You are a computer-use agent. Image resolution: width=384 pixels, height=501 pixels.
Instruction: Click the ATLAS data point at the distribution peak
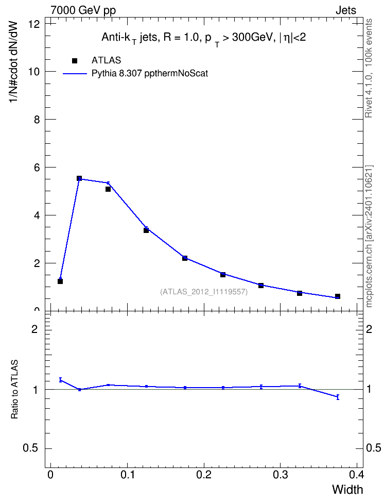(x=79, y=178)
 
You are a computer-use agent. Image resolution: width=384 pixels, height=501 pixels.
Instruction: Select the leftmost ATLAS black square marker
(x=60, y=281)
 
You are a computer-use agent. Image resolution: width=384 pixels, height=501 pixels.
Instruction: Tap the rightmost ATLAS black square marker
(x=337, y=296)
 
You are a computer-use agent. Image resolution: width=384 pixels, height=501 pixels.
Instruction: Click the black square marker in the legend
(x=74, y=61)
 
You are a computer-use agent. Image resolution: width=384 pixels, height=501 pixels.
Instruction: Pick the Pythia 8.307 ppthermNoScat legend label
(x=150, y=74)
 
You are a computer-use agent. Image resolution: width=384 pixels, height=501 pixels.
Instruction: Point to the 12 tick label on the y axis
(x=34, y=24)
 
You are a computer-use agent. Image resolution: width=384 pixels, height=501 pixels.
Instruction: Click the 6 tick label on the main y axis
(x=37, y=168)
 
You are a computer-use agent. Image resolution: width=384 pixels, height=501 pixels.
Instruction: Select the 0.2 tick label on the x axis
(x=204, y=475)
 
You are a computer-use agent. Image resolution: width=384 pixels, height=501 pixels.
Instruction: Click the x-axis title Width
(x=347, y=490)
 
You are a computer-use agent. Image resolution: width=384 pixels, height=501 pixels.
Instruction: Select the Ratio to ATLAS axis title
(x=14, y=389)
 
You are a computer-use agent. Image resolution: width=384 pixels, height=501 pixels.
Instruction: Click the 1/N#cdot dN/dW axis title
(x=14, y=62)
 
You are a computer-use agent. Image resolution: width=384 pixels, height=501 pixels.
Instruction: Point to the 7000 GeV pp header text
(x=83, y=10)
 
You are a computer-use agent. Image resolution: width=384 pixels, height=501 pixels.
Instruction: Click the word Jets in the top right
(x=346, y=10)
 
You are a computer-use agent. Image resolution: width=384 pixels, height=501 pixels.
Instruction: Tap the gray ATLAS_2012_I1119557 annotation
(x=204, y=292)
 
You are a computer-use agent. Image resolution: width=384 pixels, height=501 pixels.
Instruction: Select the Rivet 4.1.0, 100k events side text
(x=369, y=68)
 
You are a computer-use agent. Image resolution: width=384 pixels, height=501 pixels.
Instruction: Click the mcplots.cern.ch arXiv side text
(x=369, y=236)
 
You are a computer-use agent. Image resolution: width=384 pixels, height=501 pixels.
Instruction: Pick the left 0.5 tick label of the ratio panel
(x=31, y=448)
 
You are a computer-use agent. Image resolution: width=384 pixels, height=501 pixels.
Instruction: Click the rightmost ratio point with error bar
(x=338, y=397)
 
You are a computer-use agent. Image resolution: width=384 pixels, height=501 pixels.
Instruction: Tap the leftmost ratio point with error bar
(x=60, y=380)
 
